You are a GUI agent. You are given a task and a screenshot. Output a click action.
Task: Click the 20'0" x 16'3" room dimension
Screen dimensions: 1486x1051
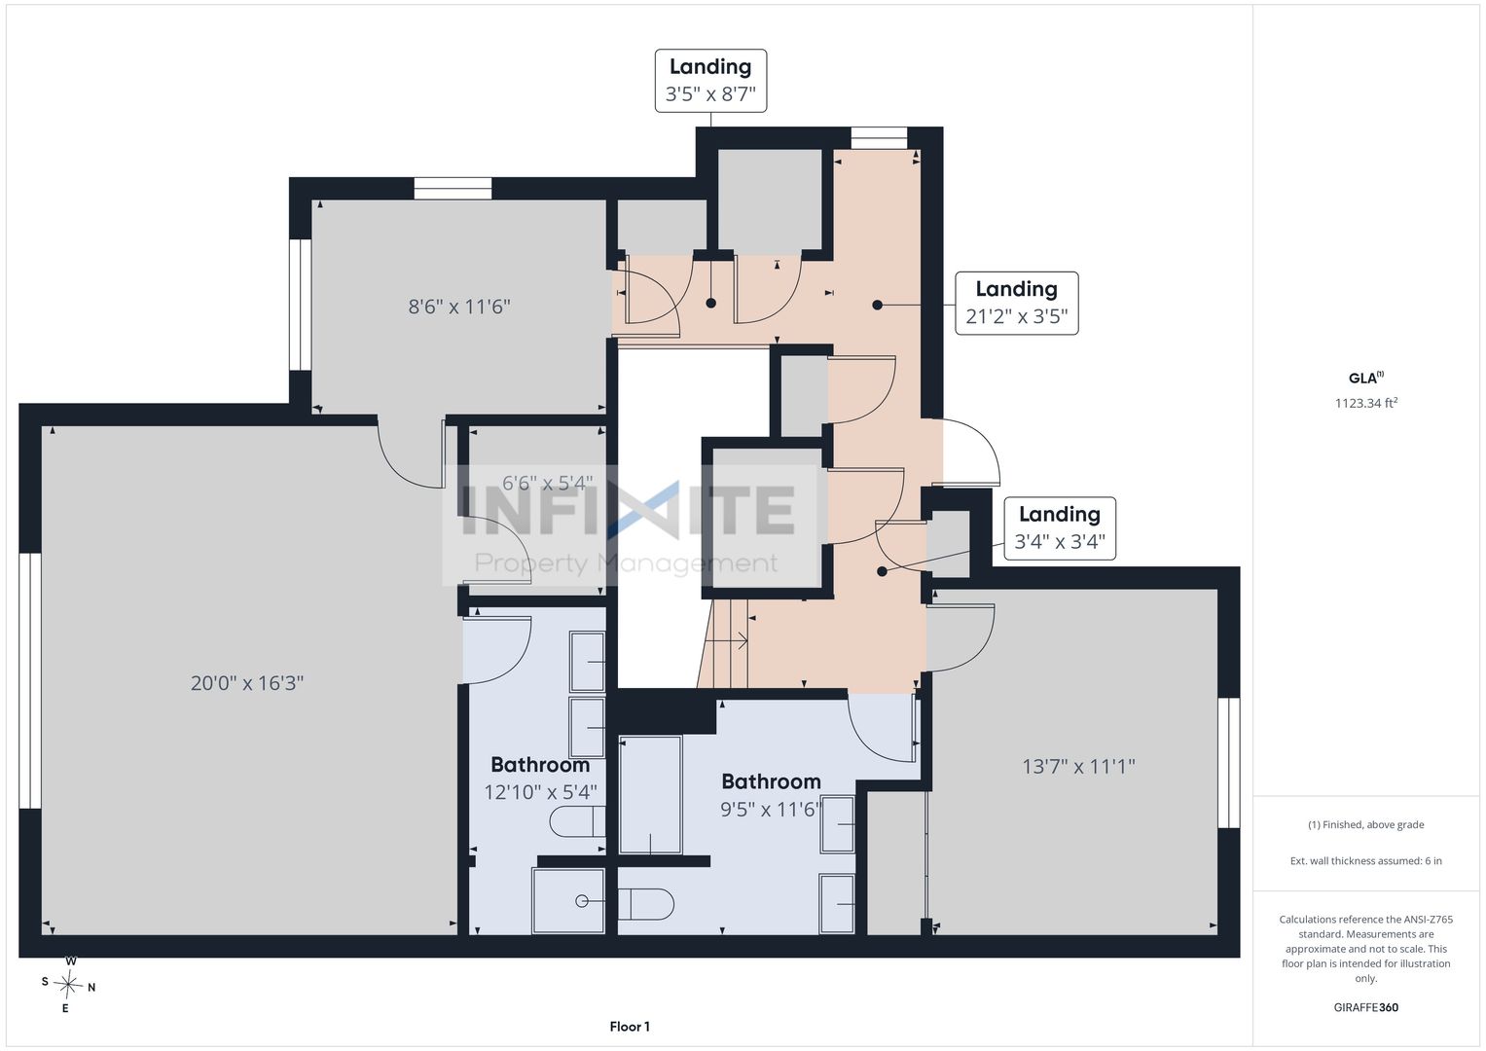(x=247, y=683)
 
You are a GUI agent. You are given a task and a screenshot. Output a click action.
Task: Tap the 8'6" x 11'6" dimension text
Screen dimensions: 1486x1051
(x=459, y=307)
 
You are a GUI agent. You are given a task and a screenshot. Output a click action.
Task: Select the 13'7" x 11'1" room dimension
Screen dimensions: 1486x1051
(x=1078, y=767)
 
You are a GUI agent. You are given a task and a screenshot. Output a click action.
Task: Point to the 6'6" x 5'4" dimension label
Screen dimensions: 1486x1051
(x=547, y=483)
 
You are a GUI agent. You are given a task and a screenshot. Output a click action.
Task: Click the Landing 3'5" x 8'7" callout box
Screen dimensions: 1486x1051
(x=710, y=80)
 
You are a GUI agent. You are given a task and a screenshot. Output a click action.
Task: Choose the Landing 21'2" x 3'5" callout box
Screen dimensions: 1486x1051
(x=1016, y=303)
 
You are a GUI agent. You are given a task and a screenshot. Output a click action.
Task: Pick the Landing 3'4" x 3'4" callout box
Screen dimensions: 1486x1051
(x=1060, y=528)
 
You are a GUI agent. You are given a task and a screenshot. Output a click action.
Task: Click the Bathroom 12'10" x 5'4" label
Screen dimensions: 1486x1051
(x=541, y=779)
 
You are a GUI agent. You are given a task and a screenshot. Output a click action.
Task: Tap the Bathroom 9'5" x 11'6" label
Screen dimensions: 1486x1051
(x=771, y=795)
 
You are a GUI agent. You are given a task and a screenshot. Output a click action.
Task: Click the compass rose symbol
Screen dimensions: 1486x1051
(x=68, y=985)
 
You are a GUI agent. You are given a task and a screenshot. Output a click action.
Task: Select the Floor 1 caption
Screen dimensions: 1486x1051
(x=630, y=1027)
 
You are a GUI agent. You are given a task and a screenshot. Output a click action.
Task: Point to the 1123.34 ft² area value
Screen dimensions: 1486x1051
(x=1366, y=403)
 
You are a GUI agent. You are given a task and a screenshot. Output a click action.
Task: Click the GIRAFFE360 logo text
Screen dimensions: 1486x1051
(x=1366, y=1007)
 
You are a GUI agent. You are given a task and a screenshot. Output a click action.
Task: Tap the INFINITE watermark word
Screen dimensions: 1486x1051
(x=628, y=510)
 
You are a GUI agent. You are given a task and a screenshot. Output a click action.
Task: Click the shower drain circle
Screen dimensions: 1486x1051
(x=582, y=901)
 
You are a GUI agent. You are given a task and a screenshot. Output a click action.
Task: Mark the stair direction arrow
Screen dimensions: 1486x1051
(x=726, y=641)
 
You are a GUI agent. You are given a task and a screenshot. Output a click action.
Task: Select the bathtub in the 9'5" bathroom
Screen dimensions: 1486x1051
(x=650, y=794)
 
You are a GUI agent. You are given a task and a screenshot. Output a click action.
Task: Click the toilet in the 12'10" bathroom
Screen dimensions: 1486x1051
(x=577, y=821)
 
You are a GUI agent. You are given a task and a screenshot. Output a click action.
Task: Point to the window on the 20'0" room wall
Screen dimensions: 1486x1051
(x=30, y=681)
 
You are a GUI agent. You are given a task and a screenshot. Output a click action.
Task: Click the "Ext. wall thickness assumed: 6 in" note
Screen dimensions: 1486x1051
(x=1366, y=860)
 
